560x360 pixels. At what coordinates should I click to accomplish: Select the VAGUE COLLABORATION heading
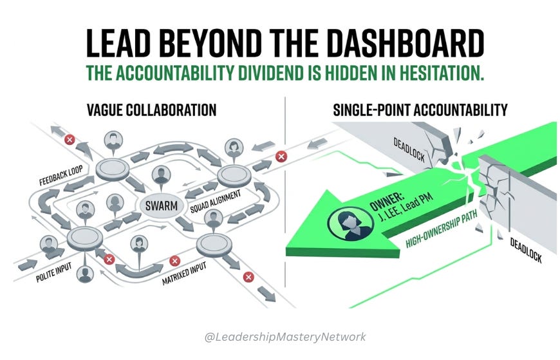point(151,110)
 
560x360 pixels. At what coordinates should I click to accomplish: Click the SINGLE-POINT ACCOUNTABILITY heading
point(420,110)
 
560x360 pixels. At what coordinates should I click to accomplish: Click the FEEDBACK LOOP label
point(56,178)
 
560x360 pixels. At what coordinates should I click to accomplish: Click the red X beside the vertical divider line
point(280,156)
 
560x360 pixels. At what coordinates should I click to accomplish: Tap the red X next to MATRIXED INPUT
point(174,261)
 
